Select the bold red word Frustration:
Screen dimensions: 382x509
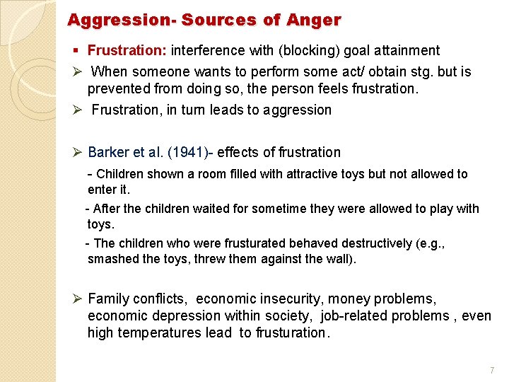[127, 51]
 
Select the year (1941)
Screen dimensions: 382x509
[190, 152]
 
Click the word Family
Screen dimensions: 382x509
[109, 299]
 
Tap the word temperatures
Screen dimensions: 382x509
[167, 332]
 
